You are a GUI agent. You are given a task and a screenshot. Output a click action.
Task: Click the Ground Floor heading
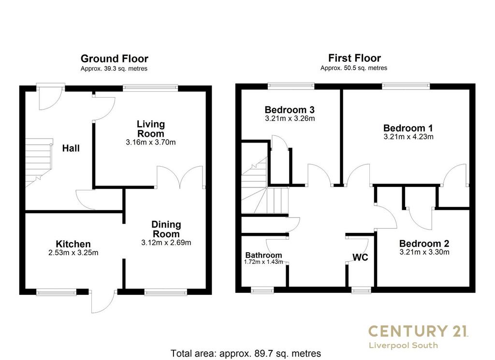114,58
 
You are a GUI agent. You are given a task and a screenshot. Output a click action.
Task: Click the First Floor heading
354,58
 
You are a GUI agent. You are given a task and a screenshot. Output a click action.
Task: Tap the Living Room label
151,129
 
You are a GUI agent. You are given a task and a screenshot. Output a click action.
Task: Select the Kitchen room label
73,244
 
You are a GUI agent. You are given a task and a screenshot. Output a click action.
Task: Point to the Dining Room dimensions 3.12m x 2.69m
166,243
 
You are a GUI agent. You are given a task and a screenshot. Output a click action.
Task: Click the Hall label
71,148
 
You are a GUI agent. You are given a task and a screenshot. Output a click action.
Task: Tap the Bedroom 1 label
408,128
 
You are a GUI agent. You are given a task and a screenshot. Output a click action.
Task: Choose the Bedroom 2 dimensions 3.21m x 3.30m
424,252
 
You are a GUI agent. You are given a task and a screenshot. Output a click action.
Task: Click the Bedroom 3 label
290,110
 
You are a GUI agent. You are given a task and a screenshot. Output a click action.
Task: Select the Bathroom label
263,255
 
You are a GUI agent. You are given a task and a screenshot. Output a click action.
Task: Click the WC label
360,258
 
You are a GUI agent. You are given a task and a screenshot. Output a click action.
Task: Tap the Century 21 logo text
418,331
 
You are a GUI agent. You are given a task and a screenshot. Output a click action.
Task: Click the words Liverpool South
404,346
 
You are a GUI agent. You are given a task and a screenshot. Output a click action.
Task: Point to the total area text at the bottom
246,353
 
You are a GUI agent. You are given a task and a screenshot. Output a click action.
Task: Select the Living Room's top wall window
150,88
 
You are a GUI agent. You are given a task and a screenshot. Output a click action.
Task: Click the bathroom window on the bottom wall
262,290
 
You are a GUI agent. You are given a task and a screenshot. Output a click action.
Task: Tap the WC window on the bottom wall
361,290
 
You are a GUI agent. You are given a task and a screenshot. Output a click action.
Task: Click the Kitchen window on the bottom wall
57,292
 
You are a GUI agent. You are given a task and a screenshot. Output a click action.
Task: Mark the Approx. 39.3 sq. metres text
114,69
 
